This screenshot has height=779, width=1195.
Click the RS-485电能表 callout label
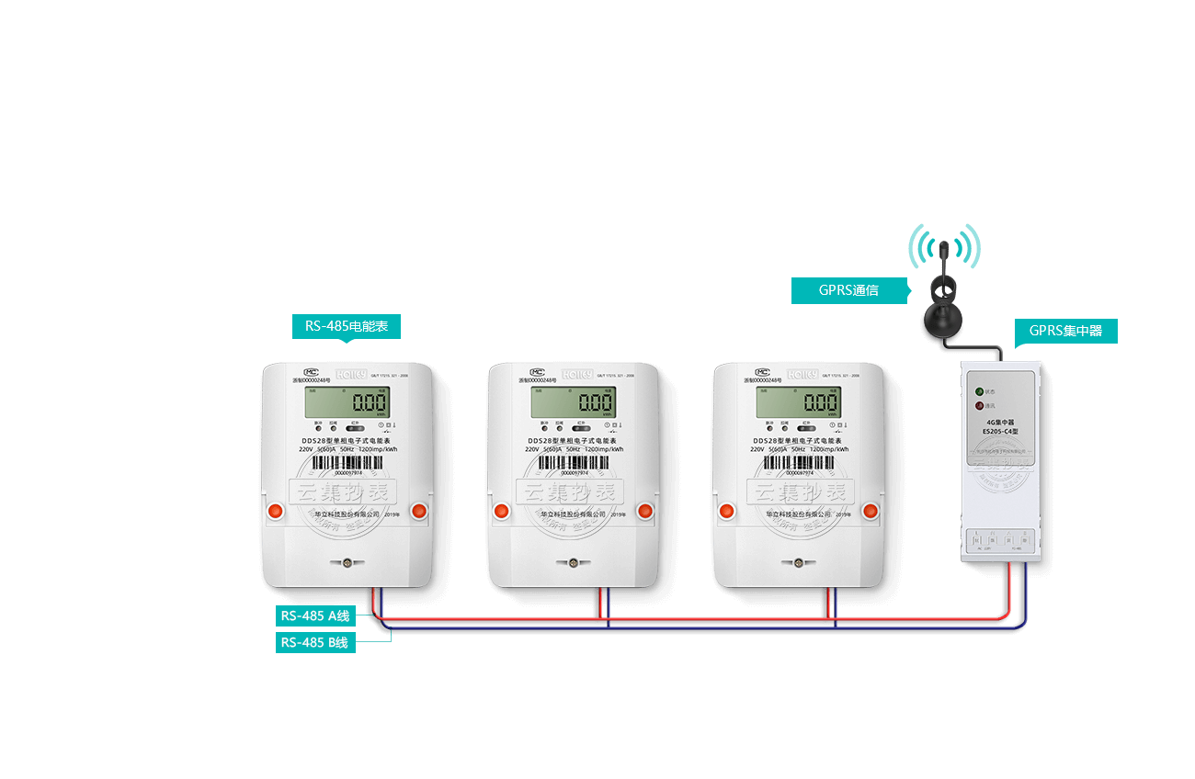pyautogui.click(x=347, y=326)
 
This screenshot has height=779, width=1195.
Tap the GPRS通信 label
pyautogui.click(x=849, y=290)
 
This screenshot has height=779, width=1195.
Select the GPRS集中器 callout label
pyautogui.click(x=1065, y=331)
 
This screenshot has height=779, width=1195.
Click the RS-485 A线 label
pyautogui.click(x=315, y=616)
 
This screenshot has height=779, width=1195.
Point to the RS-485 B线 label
pyautogui.click(x=315, y=642)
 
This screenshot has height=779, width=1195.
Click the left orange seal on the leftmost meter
pyautogui.click(x=274, y=511)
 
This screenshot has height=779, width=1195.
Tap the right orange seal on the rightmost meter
pyautogui.click(x=871, y=511)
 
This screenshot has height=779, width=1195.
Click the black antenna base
pyautogui.click(x=944, y=319)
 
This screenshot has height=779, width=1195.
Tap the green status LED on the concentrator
pyautogui.click(x=979, y=390)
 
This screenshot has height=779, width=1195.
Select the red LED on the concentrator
pyautogui.click(x=979, y=404)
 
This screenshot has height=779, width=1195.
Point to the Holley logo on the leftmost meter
pyautogui.click(x=351, y=374)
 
